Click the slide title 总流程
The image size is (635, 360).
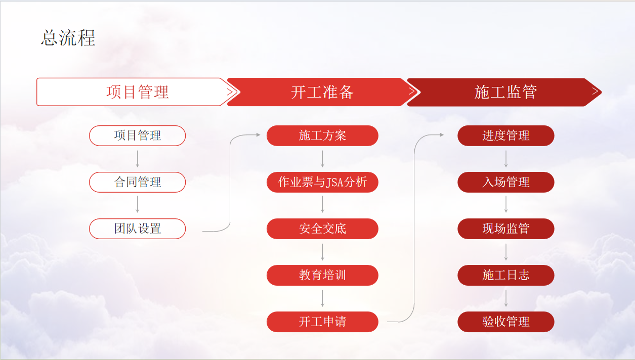[68, 38]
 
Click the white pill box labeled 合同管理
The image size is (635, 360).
[138, 182]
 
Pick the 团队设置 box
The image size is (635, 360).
[138, 229]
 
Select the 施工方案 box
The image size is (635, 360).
[322, 136]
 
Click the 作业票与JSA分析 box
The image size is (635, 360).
[322, 182]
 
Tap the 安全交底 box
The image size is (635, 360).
[322, 229]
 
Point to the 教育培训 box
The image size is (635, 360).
[322, 275]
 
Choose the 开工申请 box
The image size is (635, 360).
[322, 322]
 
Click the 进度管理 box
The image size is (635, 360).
[506, 136]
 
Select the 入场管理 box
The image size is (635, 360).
[506, 182]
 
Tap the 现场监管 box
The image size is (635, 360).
[506, 229]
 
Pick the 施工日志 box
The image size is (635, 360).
[506, 275]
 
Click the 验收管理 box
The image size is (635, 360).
[506, 322]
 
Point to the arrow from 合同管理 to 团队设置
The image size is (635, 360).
[138, 204]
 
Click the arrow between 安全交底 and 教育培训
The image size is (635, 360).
[322, 252]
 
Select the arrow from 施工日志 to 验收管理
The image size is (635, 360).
[506, 298]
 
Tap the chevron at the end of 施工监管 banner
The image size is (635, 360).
[596, 91]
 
